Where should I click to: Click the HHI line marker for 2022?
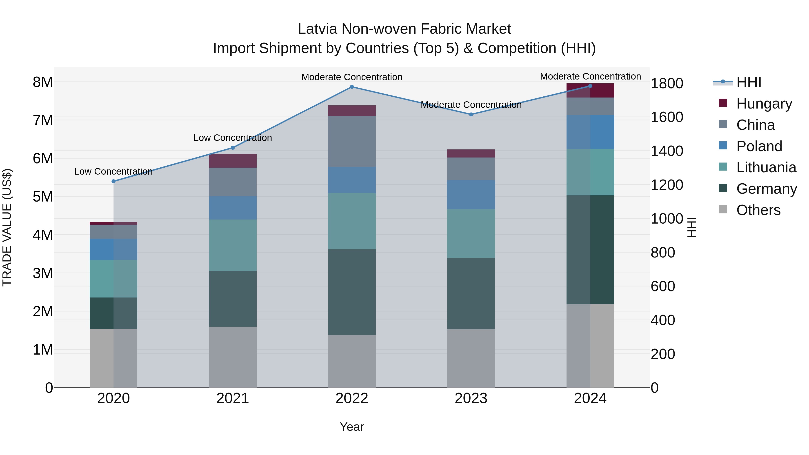352,87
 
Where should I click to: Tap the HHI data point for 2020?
114,181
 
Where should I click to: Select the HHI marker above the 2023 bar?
471,115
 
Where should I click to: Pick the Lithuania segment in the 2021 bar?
233,245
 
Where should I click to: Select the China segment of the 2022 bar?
352,141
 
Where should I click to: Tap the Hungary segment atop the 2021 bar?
233,161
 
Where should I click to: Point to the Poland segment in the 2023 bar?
471,195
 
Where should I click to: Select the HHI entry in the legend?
748,82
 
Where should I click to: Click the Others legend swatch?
723,209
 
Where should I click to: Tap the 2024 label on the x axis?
590,398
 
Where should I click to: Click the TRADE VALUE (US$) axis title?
7,227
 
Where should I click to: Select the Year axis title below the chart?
352,427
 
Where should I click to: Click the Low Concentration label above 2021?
233,138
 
